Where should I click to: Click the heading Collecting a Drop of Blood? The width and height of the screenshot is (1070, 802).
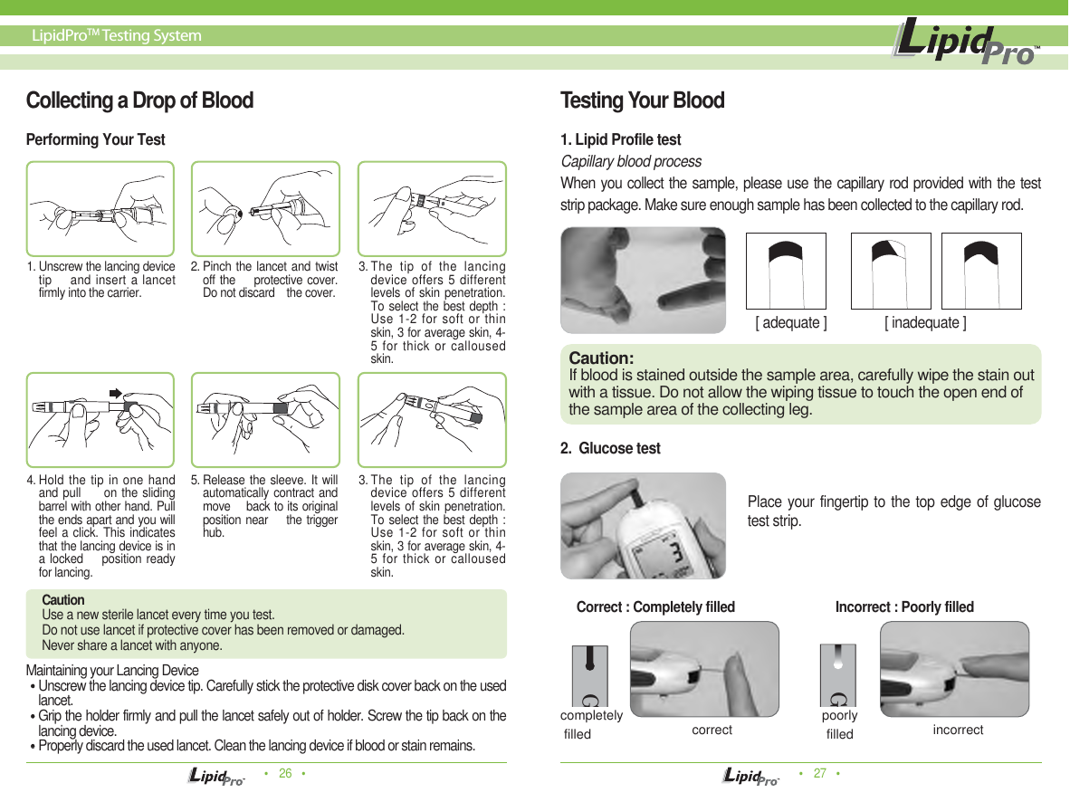point(139,100)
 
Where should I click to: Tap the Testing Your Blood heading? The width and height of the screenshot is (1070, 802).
point(643,100)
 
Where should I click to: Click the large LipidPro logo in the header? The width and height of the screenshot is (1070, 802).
point(965,44)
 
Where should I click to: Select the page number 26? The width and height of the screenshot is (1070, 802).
point(285,774)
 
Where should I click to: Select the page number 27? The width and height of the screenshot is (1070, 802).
point(820,774)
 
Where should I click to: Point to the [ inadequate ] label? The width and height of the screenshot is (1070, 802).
point(925,323)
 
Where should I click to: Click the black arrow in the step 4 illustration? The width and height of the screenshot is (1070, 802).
point(116,392)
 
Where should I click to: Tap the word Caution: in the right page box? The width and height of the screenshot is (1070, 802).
point(601,359)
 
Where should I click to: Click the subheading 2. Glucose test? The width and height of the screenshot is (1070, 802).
point(610,449)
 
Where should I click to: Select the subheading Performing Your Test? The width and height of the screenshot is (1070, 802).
point(96,140)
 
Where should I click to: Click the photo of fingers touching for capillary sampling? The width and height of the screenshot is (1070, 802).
point(643,280)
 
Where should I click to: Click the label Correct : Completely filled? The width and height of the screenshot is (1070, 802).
point(655,607)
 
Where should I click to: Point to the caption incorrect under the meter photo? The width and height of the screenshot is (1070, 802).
point(958,730)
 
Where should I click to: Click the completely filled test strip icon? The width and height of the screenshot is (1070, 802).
point(589,675)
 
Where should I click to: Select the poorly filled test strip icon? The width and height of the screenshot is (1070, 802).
point(837,675)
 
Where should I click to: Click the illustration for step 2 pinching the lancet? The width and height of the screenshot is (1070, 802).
point(266,208)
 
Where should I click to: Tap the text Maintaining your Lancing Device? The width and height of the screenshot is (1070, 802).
point(112,671)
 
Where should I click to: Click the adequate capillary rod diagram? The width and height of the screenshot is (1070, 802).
point(786,272)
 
